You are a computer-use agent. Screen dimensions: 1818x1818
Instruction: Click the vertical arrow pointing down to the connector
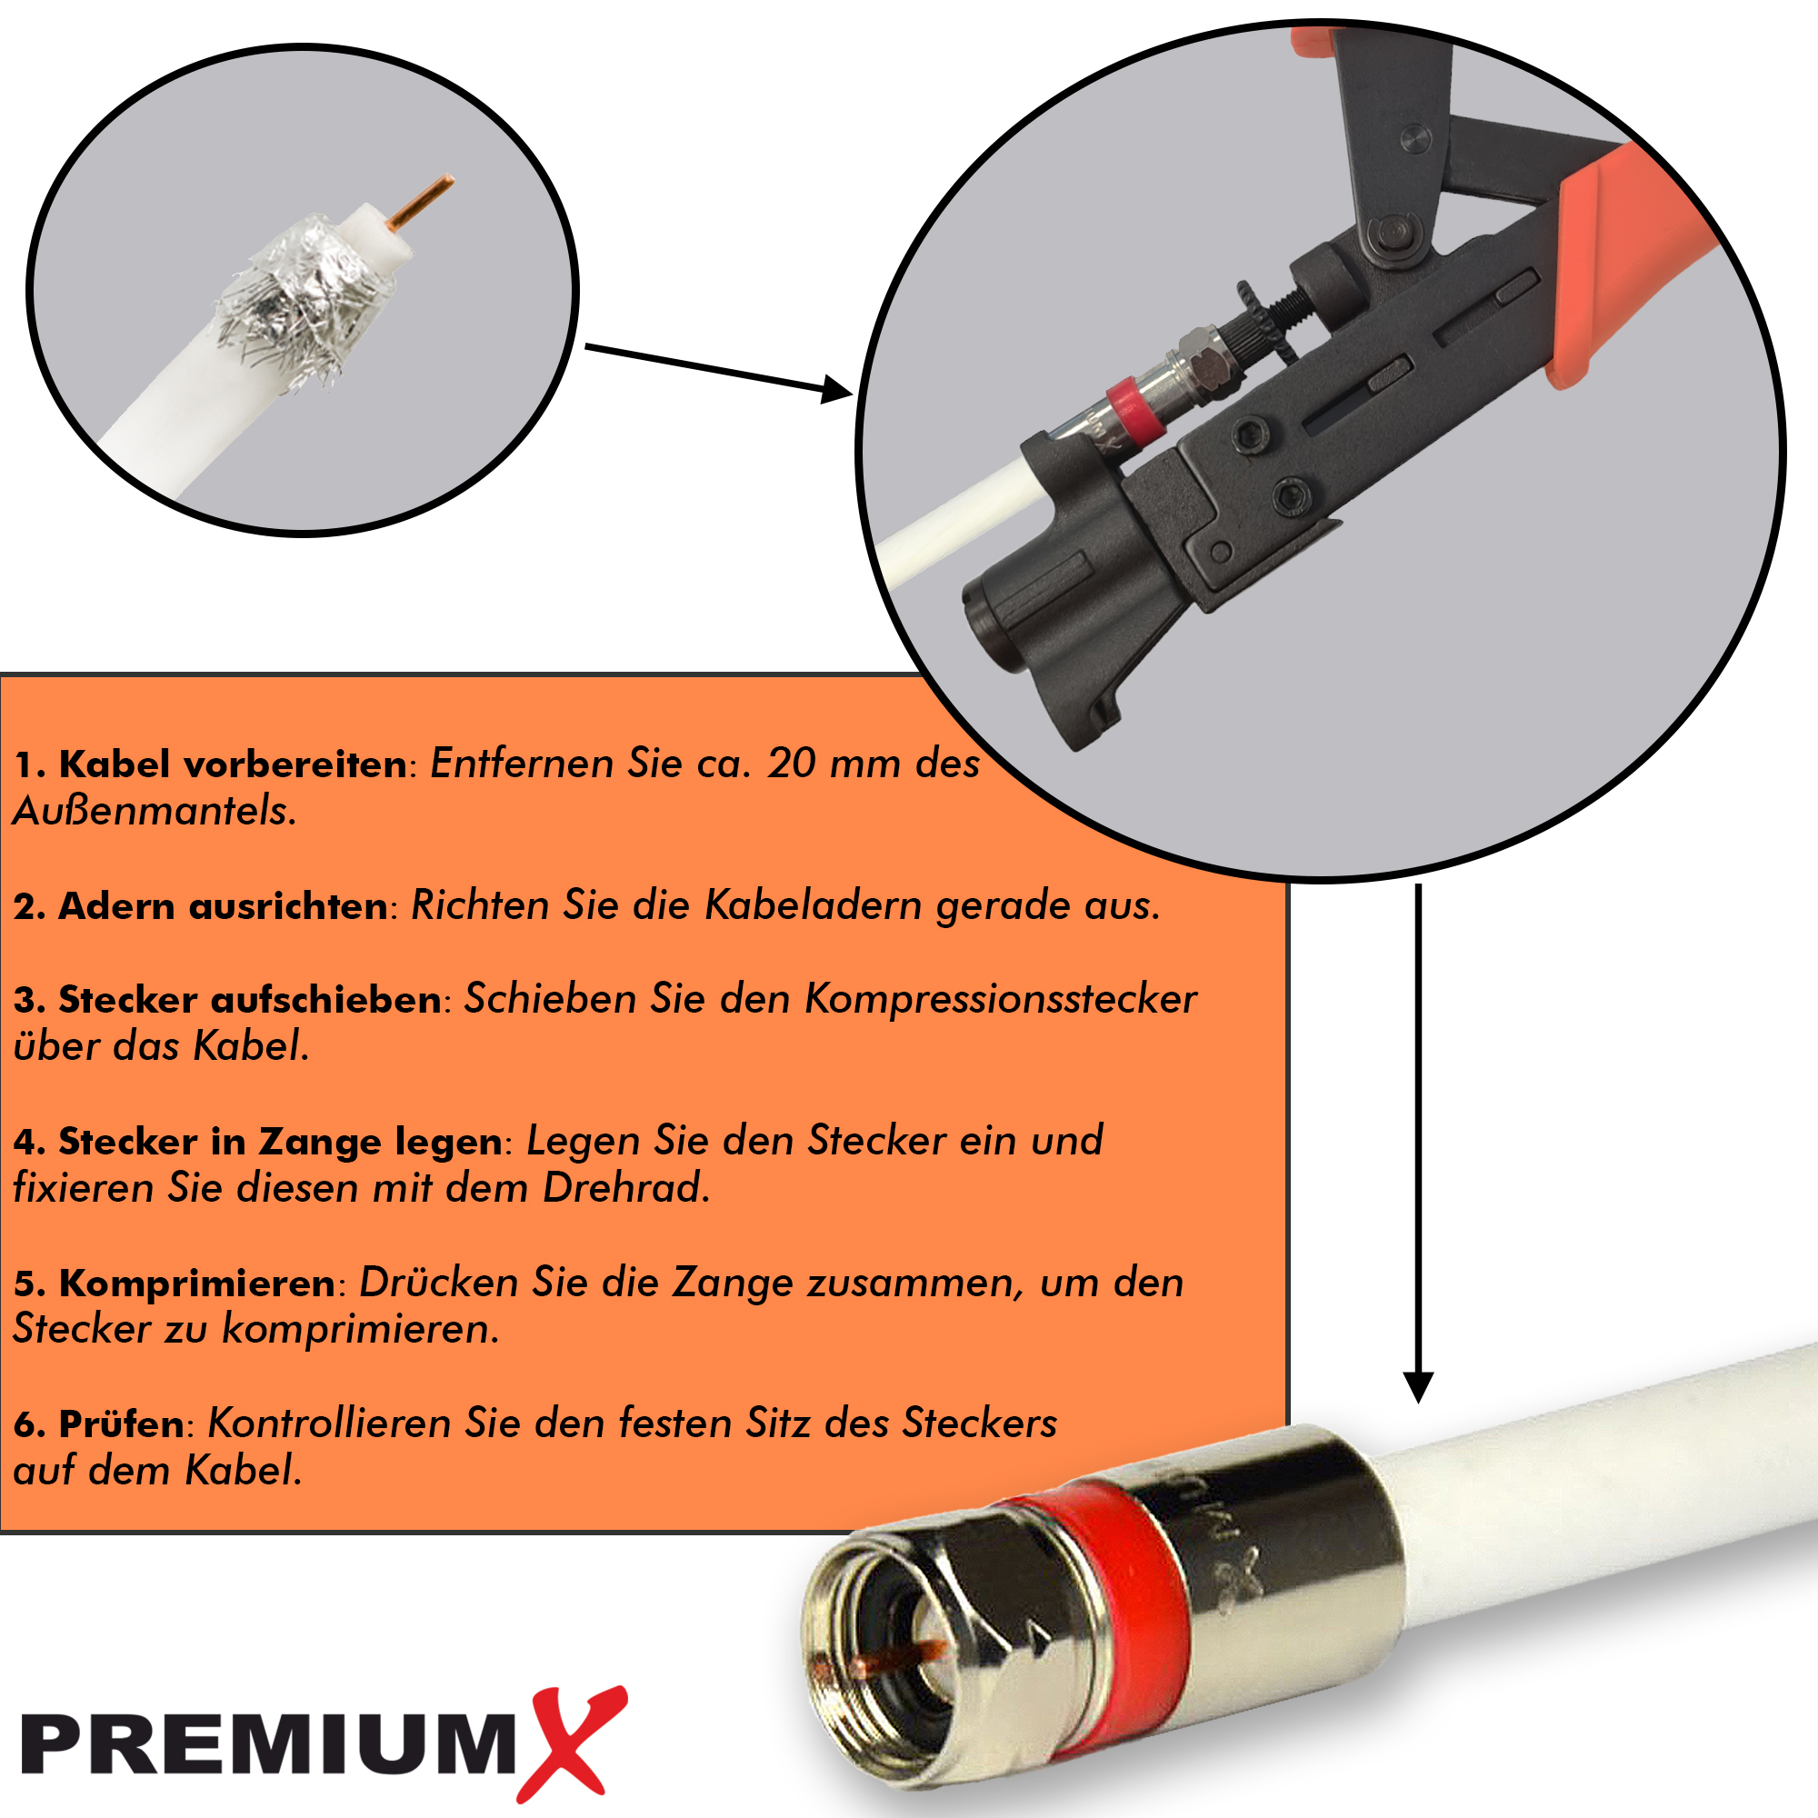pyautogui.click(x=1418, y=1144)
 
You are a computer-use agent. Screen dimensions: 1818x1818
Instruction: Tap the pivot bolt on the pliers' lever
pyautogui.click(x=1393, y=231)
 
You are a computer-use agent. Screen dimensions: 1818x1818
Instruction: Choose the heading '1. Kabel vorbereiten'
pyautogui.click(x=211, y=764)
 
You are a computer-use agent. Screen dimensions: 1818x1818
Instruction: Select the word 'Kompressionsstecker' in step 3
pyautogui.click(x=1000, y=998)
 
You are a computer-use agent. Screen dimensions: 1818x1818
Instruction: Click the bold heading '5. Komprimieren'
pyautogui.click(x=175, y=1283)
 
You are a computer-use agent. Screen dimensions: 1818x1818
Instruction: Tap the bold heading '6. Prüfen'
pyautogui.click(x=99, y=1423)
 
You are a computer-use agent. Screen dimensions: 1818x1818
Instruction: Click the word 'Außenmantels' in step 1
pyautogui.click(x=154, y=810)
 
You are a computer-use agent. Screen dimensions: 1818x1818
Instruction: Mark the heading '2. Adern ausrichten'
pyautogui.click(x=199, y=905)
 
